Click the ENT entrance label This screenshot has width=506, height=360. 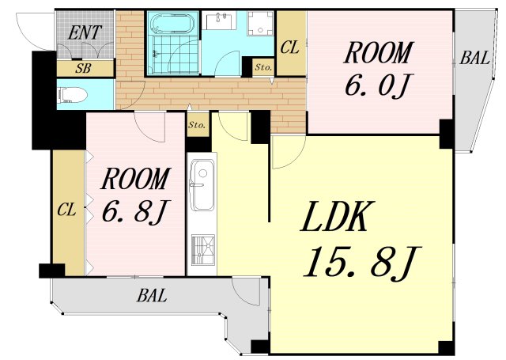85,33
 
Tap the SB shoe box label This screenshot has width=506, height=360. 83,68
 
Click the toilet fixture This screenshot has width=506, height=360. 72,96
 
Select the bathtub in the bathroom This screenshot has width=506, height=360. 172,23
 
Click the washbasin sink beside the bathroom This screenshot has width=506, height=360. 219,21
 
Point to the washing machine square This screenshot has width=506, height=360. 261,23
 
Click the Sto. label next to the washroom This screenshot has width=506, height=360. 263,67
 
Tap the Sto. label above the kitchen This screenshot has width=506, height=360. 197,125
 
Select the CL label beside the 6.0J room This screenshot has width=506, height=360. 289,47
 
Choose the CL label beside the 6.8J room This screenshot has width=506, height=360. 66,210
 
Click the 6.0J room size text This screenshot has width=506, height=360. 377,85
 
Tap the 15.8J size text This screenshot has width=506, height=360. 362,262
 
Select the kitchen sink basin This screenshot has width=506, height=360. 202,185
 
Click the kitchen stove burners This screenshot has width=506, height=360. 203,250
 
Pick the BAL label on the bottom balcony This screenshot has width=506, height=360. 151,295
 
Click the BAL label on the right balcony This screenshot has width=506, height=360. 474,58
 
